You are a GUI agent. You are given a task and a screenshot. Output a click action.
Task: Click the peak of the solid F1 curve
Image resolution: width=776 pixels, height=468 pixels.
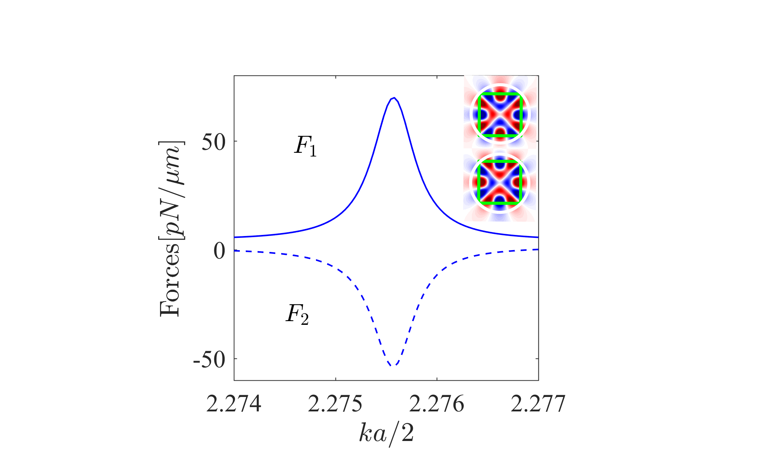pos(394,98)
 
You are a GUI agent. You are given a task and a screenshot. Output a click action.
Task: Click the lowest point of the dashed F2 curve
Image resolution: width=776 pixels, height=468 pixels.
pos(392,366)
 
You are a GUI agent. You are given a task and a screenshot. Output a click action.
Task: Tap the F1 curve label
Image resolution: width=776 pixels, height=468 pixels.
pos(305,146)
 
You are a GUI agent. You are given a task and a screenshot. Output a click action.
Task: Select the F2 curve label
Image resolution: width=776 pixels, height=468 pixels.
pos(297,315)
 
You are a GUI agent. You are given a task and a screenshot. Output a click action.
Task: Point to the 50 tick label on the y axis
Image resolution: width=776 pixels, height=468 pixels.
pos(214,142)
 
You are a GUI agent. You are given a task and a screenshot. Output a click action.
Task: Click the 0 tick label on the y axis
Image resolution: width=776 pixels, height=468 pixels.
pos(219,251)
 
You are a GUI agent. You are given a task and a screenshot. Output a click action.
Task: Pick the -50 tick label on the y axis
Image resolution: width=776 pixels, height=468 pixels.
pos(209,360)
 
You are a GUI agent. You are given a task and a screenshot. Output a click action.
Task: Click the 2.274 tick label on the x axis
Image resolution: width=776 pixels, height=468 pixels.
pos(234,404)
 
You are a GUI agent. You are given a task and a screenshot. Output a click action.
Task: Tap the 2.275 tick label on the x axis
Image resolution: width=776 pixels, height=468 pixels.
pos(336,404)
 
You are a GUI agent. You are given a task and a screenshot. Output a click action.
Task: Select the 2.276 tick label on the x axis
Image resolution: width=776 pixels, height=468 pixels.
pos(437,404)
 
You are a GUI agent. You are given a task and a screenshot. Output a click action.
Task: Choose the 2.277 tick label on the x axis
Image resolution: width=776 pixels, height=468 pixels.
pos(538,404)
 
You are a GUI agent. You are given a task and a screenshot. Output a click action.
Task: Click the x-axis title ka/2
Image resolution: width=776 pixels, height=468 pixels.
pos(387,434)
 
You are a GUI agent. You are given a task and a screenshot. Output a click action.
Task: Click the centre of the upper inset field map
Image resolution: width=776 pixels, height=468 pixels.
pos(500,115)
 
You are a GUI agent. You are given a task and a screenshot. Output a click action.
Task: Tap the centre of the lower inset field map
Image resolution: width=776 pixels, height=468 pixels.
pos(500,183)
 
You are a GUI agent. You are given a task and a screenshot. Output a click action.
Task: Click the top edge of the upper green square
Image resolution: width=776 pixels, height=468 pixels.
pos(500,95)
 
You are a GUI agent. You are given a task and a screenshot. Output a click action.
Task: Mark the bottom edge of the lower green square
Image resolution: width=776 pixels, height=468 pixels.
pos(500,203)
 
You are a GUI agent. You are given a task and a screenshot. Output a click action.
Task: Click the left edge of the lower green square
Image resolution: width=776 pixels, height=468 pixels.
pos(479,183)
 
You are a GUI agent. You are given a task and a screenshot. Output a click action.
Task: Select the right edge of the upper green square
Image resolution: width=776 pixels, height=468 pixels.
pos(521,115)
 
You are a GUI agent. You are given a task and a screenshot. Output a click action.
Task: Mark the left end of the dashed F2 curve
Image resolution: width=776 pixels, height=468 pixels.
pos(235,251)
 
